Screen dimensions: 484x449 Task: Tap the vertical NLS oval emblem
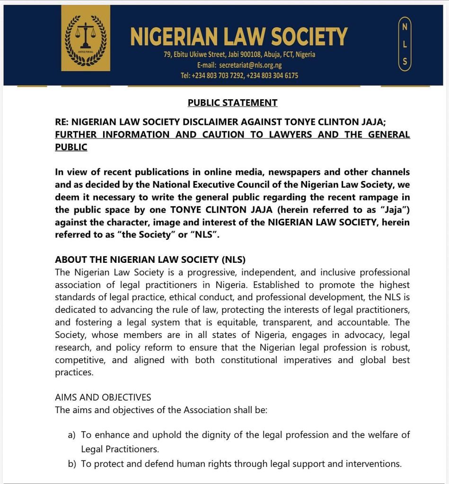pos(404,44)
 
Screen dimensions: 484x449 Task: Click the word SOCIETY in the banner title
pos(303,37)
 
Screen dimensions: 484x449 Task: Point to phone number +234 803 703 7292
pos(218,76)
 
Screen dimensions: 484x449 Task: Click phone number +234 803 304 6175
pos(273,76)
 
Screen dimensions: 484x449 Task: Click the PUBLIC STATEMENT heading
pos(232,103)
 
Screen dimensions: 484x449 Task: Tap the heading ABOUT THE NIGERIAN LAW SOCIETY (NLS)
pos(150,259)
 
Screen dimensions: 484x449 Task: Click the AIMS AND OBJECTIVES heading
pos(103,397)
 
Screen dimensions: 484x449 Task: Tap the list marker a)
pos(72,435)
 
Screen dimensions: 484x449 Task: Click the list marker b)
pos(72,464)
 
